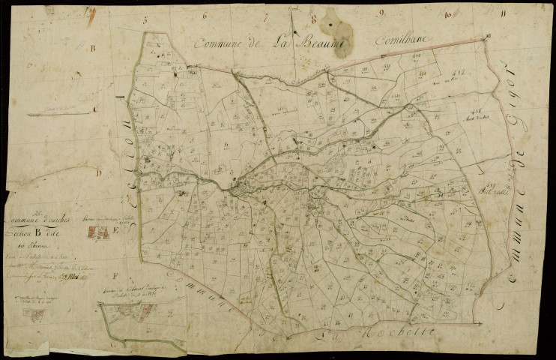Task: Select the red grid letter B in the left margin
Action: click(x=93, y=48)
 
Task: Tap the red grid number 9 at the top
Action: click(x=381, y=12)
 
